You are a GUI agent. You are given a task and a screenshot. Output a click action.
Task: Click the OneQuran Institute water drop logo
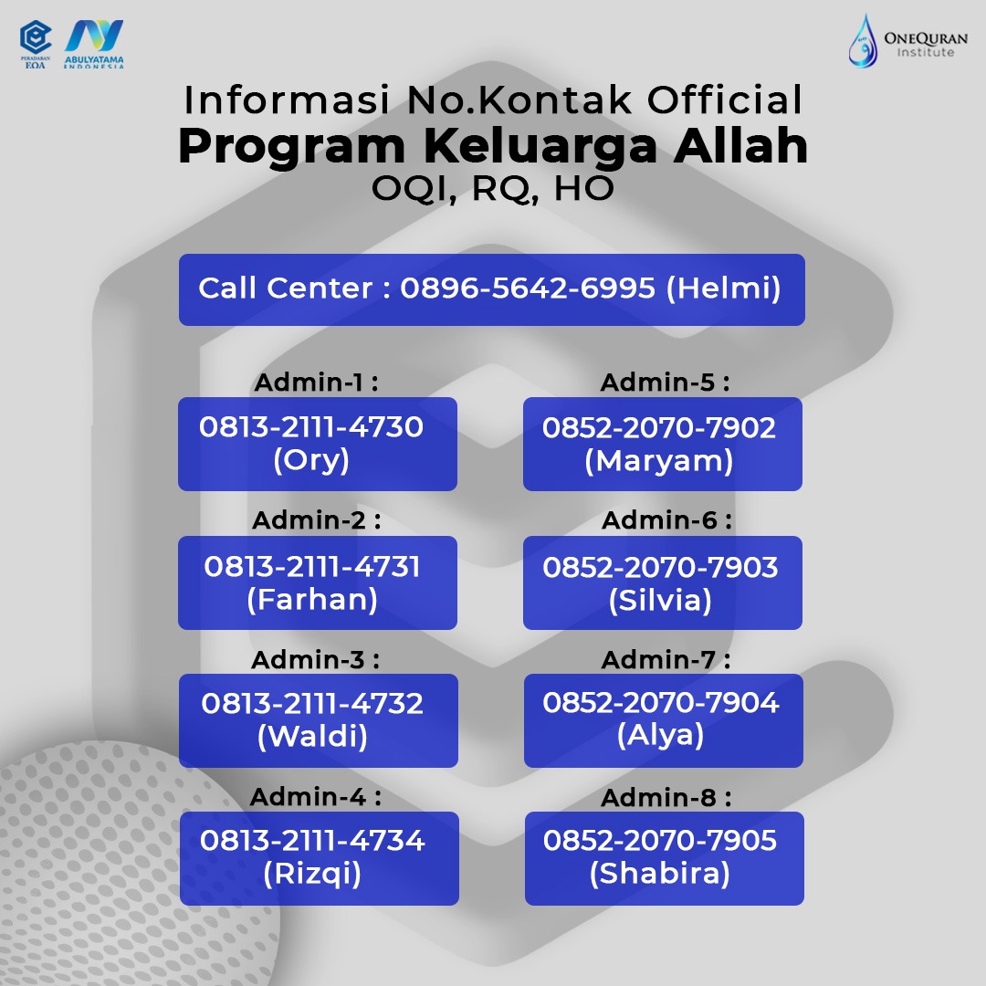click(863, 41)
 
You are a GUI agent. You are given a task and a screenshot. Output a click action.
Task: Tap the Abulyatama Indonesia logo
click(94, 43)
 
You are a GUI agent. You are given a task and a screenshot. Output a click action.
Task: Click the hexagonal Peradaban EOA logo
click(36, 44)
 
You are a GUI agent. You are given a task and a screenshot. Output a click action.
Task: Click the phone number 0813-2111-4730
click(311, 427)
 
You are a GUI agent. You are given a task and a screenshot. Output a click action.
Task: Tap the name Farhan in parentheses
click(312, 599)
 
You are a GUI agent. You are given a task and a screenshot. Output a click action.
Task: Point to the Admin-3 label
click(315, 660)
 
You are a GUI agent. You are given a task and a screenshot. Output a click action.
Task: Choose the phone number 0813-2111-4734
click(312, 841)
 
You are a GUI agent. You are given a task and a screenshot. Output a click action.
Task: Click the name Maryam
click(659, 461)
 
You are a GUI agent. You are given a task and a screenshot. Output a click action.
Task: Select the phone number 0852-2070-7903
click(660, 567)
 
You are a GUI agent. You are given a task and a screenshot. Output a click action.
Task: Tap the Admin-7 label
click(666, 660)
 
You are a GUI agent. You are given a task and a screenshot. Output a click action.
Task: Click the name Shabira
click(660, 874)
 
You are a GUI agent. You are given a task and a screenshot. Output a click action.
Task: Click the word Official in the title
click(725, 100)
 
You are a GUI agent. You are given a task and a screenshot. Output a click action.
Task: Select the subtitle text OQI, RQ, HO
click(492, 189)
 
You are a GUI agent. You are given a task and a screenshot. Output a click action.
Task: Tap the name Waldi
click(312, 737)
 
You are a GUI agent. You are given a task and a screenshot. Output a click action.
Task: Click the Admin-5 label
click(666, 383)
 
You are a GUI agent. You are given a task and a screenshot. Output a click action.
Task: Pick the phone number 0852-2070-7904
click(661, 702)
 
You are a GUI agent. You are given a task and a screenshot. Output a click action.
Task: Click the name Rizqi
click(312, 874)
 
